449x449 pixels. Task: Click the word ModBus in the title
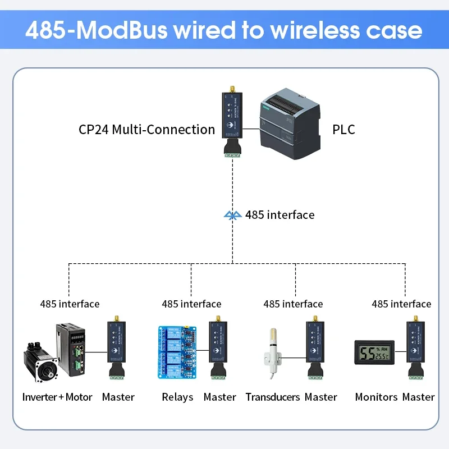point(121,30)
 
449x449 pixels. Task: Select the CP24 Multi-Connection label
point(146,130)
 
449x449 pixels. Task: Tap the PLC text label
point(343,130)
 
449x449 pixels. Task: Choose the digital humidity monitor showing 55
point(374,352)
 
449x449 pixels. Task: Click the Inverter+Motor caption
point(57,397)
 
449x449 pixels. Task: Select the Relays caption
point(177,397)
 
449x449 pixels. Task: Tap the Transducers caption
point(273,397)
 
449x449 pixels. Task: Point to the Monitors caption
point(376,397)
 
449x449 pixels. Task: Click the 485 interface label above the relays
point(191,304)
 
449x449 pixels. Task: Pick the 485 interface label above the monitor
point(401,304)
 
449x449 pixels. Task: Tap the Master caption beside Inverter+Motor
point(118,397)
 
